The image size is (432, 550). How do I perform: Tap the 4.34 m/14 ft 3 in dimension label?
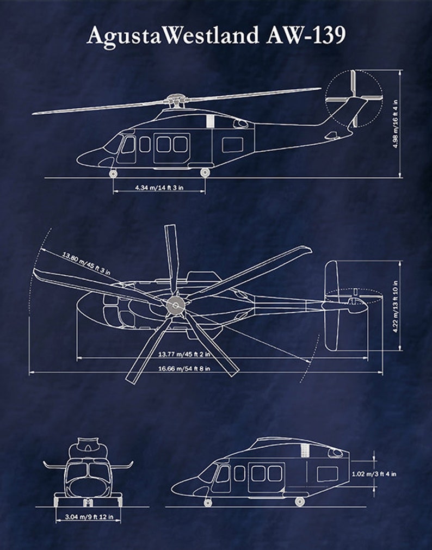click(159, 188)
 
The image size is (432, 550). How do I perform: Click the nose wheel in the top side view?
click(113, 173)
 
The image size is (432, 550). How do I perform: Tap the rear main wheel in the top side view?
click(205, 172)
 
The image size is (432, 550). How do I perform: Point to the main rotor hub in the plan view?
click(175, 306)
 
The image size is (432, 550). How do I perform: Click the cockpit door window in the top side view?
click(128, 146)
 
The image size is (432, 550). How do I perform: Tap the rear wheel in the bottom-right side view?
click(299, 501)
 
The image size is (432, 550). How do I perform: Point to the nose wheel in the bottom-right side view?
click(208, 502)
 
